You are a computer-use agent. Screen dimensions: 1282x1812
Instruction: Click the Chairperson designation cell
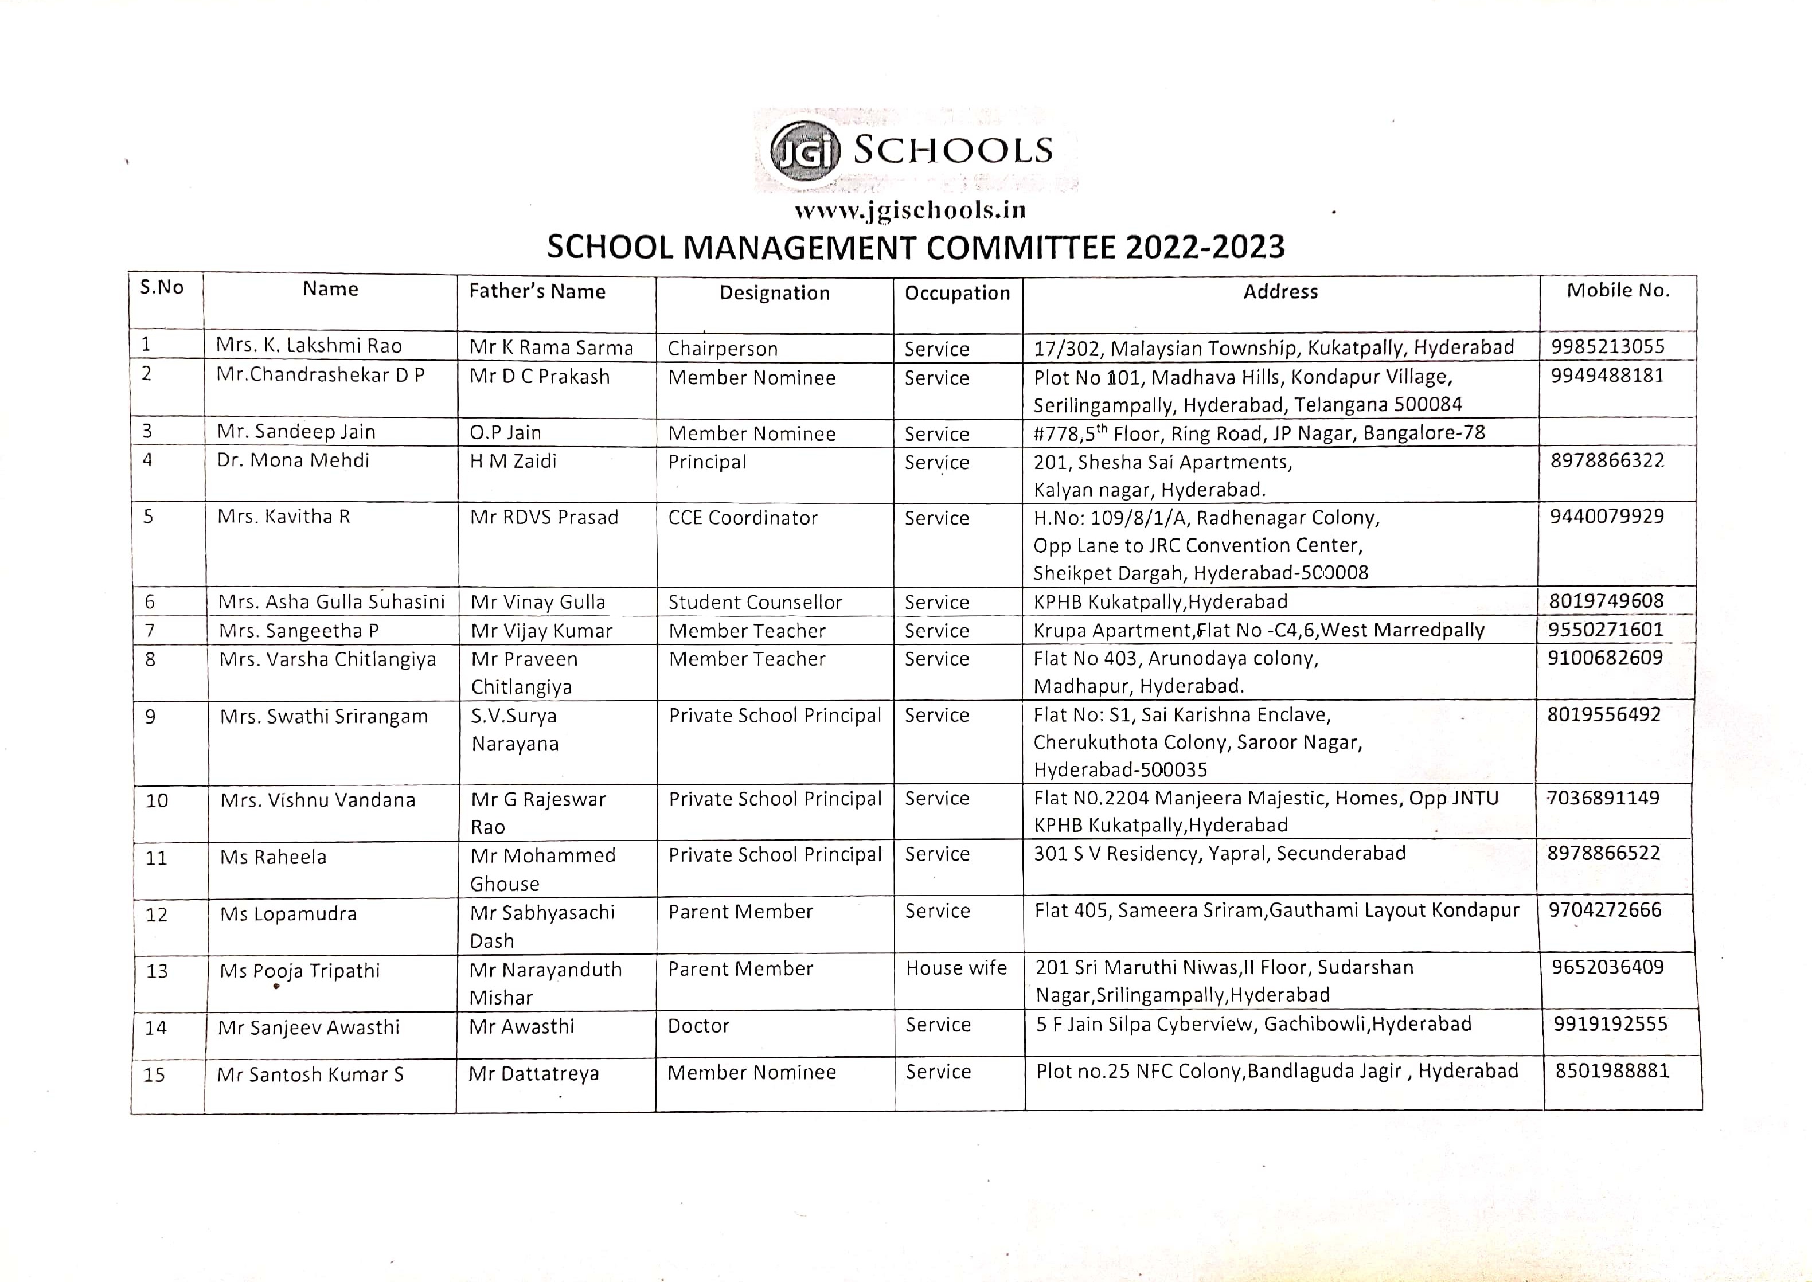point(723,349)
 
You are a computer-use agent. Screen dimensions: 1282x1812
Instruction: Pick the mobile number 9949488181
point(1607,375)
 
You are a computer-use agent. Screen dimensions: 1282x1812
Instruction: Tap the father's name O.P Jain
point(505,433)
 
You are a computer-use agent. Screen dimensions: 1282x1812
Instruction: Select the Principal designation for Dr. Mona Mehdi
point(706,462)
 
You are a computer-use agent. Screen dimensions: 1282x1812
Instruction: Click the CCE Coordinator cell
point(742,518)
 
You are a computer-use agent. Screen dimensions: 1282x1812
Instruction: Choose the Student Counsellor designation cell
point(755,603)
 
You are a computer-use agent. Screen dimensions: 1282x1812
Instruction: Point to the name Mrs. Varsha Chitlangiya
point(327,659)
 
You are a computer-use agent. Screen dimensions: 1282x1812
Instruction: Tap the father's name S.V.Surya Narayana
point(515,729)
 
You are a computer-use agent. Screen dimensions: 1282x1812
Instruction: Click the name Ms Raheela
point(273,857)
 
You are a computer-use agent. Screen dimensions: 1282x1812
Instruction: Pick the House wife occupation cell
point(956,968)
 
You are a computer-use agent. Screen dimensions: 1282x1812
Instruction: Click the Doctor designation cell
point(698,1026)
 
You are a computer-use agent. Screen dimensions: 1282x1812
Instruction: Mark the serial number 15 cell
point(155,1075)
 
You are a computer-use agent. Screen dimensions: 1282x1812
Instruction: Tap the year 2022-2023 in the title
point(1205,248)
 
